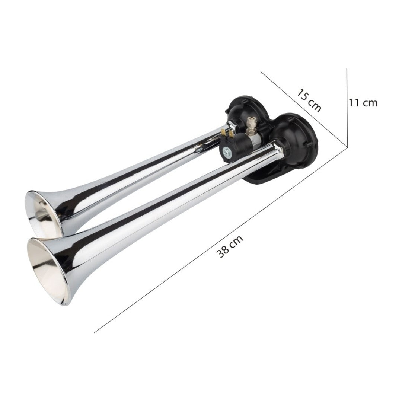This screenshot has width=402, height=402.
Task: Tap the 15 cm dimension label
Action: [309, 100]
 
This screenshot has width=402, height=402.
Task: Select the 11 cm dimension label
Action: [363, 102]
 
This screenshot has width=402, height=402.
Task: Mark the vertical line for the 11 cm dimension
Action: [347, 108]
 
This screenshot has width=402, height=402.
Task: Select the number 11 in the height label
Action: [354, 102]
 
